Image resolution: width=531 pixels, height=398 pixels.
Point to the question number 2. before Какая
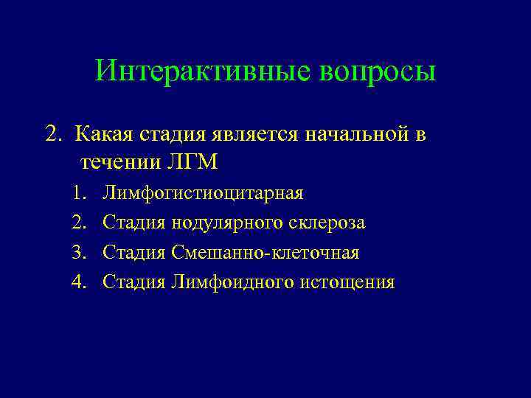click(53, 134)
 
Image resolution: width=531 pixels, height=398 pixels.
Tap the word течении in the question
click(112, 161)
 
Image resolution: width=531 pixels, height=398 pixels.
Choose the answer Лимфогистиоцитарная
click(203, 193)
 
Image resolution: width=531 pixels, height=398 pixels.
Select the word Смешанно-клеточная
click(265, 253)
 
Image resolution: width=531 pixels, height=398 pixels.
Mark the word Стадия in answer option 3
click(135, 253)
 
